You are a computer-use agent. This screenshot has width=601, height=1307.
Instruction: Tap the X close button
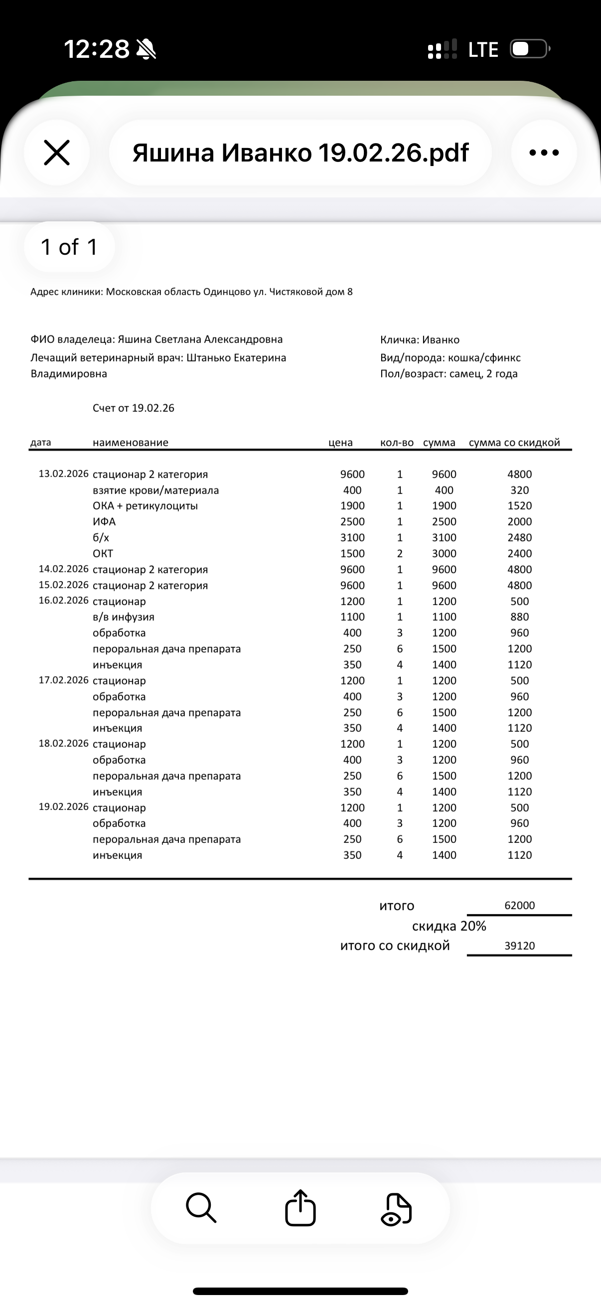(x=57, y=153)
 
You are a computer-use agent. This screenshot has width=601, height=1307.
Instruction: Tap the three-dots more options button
(x=544, y=153)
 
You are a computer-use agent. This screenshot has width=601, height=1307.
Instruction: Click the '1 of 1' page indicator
(x=69, y=247)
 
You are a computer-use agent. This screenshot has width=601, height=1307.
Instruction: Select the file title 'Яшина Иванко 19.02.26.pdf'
(x=300, y=153)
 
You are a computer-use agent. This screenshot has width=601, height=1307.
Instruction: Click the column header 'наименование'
(x=131, y=443)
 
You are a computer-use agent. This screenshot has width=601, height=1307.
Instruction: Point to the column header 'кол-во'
(x=397, y=443)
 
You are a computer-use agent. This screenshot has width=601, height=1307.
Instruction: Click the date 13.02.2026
(x=63, y=474)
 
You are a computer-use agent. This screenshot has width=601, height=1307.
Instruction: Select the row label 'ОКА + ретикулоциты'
(x=145, y=506)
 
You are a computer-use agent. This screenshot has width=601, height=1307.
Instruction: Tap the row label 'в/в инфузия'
(x=123, y=617)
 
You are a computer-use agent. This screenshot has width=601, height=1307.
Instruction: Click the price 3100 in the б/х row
(x=352, y=537)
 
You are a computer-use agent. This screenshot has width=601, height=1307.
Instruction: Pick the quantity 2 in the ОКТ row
(x=400, y=553)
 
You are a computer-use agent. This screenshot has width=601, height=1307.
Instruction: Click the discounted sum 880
(x=519, y=617)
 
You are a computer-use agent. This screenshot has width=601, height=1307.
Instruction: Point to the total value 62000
(x=519, y=906)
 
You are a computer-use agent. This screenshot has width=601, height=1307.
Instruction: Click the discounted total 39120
(x=519, y=946)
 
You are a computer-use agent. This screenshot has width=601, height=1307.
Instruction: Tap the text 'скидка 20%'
(x=449, y=927)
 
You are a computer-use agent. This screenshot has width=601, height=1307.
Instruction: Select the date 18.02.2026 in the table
(x=63, y=744)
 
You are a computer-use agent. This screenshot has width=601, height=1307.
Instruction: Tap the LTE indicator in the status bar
(x=483, y=50)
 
